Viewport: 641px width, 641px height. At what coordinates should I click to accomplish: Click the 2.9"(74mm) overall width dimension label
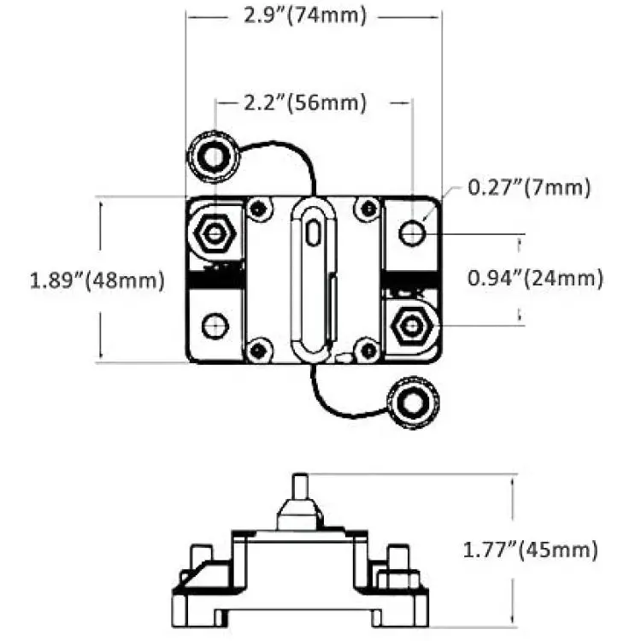coord(305,16)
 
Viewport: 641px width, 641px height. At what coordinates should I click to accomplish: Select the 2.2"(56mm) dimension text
coord(305,103)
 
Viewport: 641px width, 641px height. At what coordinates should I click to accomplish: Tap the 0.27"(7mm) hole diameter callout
coord(529,188)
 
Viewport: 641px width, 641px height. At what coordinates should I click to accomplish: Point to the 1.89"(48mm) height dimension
coord(97,280)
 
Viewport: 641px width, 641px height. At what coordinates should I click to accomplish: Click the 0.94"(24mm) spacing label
coord(535,279)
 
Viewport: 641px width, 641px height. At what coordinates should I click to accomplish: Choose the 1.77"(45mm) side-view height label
coord(530,550)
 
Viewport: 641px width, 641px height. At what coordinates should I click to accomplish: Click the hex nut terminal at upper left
coord(215,233)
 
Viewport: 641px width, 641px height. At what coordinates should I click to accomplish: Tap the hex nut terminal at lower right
coord(411,326)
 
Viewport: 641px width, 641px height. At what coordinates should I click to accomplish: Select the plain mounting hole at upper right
coord(412,233)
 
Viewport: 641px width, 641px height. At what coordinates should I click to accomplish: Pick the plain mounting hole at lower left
coord(215,326)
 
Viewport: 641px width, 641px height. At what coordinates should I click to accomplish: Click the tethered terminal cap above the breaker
coord(214,156)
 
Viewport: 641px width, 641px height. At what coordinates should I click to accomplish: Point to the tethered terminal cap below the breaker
coord(413,403)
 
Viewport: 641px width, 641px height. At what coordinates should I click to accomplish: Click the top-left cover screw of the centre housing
coord(259,209)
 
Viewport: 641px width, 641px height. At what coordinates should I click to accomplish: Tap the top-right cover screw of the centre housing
coord(368,209)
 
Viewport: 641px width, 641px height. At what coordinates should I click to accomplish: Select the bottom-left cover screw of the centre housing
coord(259,350)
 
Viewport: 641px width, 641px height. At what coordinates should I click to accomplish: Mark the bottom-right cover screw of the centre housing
coord(368,350)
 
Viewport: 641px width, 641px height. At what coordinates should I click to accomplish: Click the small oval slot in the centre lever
coord(313,233)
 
